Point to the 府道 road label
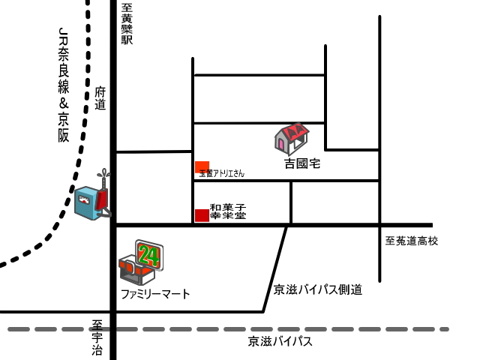tap(101, 98)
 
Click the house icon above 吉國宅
tap(292, 139)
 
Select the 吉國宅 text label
tap(301, 163)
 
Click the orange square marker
tap(202, 166)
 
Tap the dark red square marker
tap(202, 215)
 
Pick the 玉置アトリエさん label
tap(222, 173)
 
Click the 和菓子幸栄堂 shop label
tap(228, 211)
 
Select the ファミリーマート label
tap(155, 294)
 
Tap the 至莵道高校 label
tap(411, 241)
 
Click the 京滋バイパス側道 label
tap(318, 289)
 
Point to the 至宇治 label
tap(97, 337)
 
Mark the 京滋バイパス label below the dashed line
tap(280, 342)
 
